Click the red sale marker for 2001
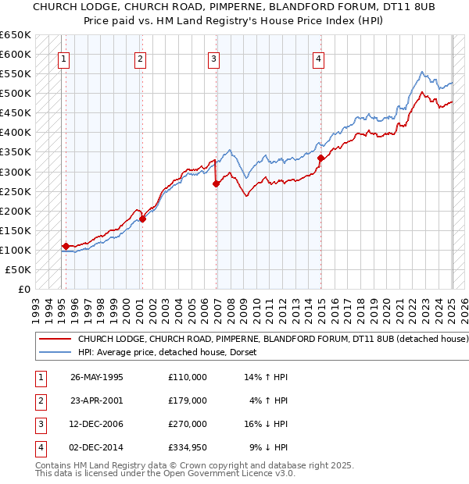coord(142,219)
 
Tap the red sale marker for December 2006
coord(217,184)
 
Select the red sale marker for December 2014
coord(321,158)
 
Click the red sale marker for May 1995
coord(66,246)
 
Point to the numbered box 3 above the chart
coord(213,58)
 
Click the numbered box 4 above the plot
coord(319,58)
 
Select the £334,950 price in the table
coord(187,447)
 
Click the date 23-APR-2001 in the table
coord(97,400)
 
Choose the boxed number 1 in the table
coord(40,377)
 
